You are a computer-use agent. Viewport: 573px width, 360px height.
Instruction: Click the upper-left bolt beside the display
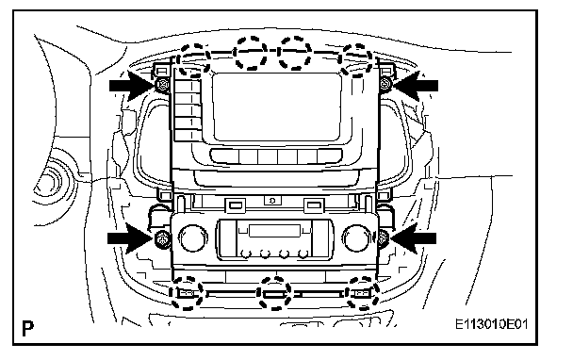click(x=163, y=85)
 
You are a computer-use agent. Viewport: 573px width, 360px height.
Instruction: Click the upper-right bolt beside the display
click(x=385, y=85)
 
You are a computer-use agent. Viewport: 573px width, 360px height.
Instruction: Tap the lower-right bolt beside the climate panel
click(x=383, y=238)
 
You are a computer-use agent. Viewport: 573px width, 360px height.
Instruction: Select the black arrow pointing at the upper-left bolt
click(x=132, y=86)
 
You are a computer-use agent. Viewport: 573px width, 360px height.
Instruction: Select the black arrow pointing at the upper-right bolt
click(x=415, y=86)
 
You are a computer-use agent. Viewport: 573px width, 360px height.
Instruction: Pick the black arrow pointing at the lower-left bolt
click(x=130, y=239)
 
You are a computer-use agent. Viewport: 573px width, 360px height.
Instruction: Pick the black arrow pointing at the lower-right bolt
click(x=414, y=238)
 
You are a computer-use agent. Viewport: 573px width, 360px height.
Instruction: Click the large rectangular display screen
click(x=277, y=106)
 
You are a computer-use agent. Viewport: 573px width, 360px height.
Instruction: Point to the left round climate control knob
click(x=192, y=238)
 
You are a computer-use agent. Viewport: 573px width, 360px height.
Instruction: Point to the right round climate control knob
click(x=356, y=238)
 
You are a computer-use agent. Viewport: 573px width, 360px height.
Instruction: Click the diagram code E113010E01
click(x=492, y=324)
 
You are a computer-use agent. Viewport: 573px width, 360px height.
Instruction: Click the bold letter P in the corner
click(x=27, y=328)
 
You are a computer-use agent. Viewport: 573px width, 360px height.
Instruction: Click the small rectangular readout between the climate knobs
click(x=274, y=231)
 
